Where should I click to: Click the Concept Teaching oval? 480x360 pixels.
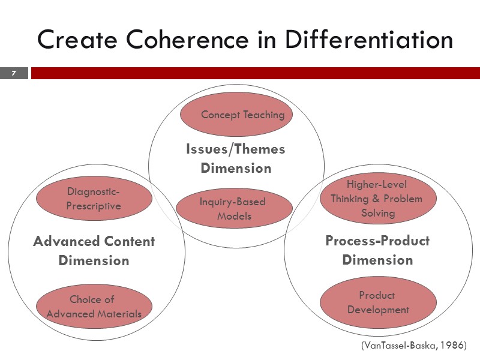236,115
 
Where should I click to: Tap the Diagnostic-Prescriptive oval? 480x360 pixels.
94,199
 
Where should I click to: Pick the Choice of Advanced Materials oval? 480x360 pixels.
94,307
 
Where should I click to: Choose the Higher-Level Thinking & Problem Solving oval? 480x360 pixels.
377,198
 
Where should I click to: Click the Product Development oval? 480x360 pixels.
378,302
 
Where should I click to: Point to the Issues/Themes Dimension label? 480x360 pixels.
236,158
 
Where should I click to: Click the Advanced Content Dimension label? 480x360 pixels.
94,251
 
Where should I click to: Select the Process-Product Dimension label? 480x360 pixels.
377,250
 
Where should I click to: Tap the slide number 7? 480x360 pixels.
14,73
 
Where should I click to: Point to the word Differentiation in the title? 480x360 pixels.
368,40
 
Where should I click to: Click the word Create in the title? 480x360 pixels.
73,40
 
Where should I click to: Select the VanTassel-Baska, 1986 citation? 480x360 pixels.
413,346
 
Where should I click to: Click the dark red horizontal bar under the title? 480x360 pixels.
255,73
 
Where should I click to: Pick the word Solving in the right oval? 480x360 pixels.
378,213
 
